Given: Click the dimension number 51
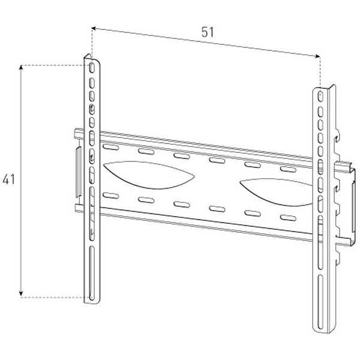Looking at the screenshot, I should [x=208, y=33].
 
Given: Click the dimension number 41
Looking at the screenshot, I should [x=8, y=179].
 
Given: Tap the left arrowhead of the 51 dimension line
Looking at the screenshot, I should [x=94, y=26].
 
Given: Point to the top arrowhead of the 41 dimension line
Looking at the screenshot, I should [x=22, y=68].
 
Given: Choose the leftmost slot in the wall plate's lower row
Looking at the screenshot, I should [x=110, y=194].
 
